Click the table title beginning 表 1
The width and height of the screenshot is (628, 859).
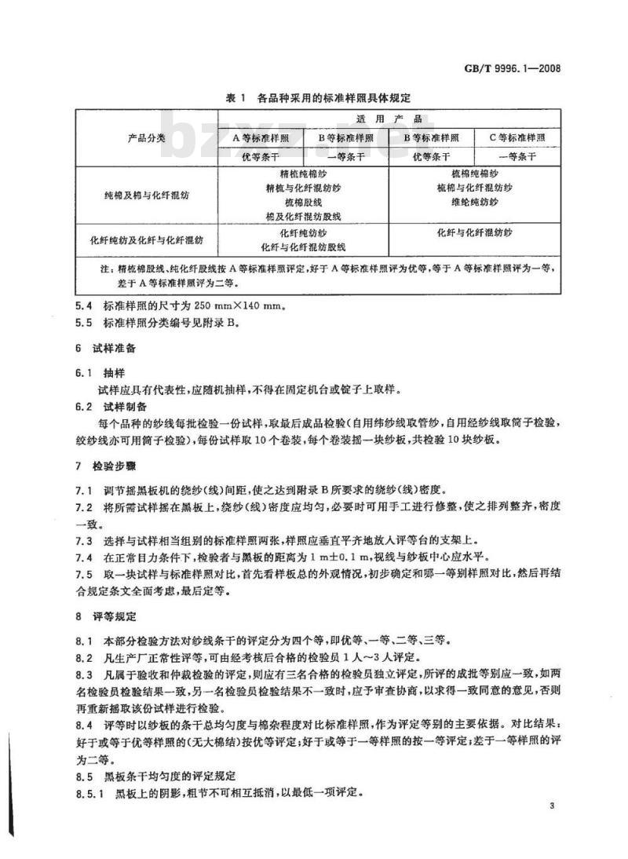point(318,98)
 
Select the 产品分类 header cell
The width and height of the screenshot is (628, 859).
point(146,137)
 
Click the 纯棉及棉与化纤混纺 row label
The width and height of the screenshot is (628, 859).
point(146,194)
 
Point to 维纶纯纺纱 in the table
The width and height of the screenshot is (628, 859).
point(475,202)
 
